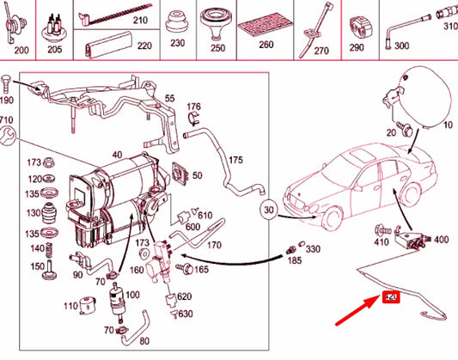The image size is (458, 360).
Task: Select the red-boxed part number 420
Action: pos(392,297)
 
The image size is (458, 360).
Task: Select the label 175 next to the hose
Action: pos(235,161)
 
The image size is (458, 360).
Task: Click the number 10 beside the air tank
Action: pos(446,125)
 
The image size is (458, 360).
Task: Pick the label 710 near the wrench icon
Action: pos(7,119)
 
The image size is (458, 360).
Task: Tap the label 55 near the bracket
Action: pos(169,99)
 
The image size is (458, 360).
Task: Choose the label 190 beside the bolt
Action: pos(8,101)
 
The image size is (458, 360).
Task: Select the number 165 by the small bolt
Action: pos(203,269)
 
